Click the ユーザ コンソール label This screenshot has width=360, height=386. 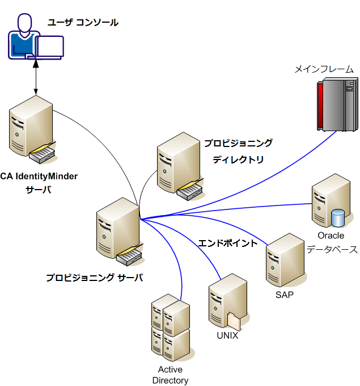[x=83, y=22]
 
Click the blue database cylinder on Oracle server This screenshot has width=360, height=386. [x=338, y=217]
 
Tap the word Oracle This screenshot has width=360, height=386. [x=331, y=236]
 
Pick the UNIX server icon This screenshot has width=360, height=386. [x=227, y=301]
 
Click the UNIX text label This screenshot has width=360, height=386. [x=227, y=335]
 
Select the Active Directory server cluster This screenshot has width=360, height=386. [x=170, y=327]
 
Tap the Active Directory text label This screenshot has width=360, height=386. [x=170, y=375]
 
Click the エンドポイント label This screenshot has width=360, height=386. [x=227, y=243]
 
